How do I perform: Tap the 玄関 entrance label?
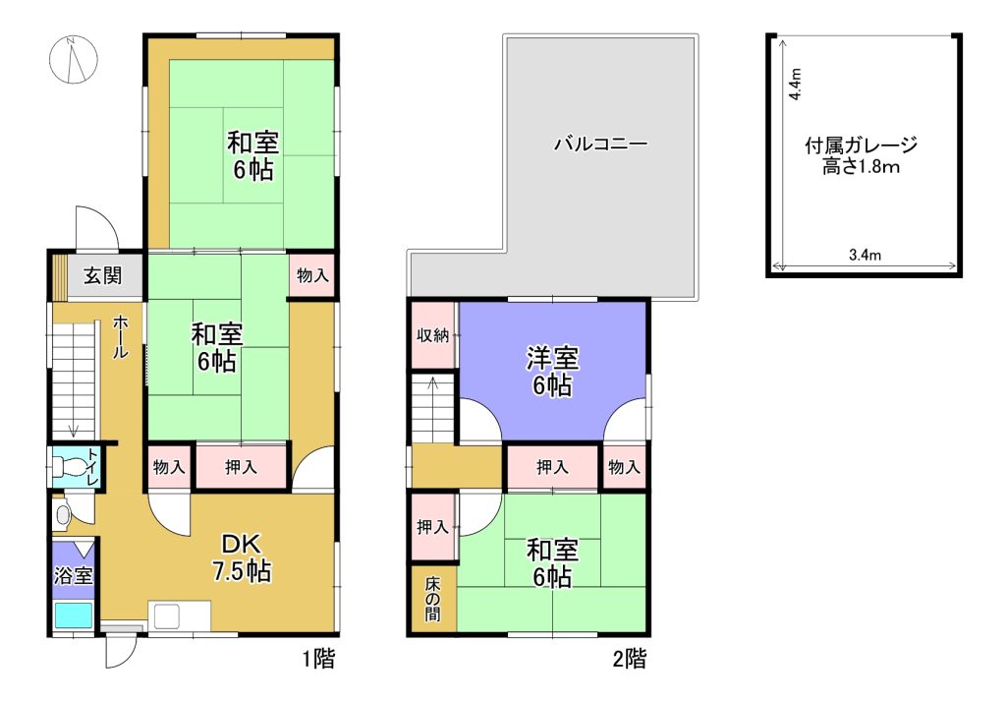(102, 276)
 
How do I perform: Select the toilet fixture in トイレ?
(67, 467)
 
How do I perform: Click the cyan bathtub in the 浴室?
(74, 615)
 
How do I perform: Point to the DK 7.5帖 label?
(242, 557)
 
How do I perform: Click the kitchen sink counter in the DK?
(179, 615)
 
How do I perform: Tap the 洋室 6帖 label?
(552, 372)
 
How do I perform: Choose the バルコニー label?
(601, 144)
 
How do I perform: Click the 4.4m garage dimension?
(796, 84)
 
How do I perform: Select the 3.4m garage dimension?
(865, 255)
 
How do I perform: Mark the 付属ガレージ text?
(861, 146)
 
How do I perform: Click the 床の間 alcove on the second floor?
(433, 599)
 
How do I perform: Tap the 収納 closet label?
(433, 335)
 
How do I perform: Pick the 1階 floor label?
(318, 659)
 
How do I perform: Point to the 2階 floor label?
(630, 659)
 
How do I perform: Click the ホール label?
(120, 337)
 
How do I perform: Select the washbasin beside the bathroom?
(63, 514)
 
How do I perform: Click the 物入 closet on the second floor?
(624, 467)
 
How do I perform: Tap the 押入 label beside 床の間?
(432, 527)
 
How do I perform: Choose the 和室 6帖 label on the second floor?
(552, 563)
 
